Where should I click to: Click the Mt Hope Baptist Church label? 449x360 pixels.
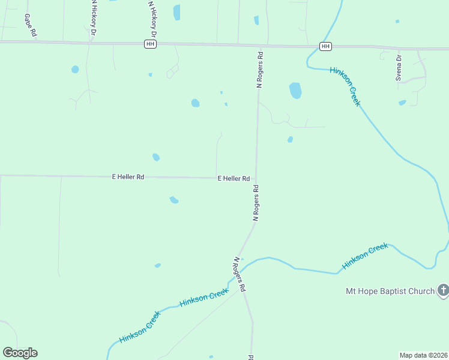pos(390,292)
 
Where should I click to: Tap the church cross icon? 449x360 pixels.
pos(443,291)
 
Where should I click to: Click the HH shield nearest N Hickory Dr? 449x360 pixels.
pos(150,44)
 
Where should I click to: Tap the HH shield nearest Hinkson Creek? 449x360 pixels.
pos(325,46)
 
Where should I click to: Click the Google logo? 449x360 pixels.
pos(20,353)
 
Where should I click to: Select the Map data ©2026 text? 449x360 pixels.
pos(423,355)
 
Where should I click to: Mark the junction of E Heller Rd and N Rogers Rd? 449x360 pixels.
pos(256,179)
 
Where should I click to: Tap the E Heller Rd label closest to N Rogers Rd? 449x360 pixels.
pos(234,179)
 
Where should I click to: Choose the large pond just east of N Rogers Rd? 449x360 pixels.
pos(295,91)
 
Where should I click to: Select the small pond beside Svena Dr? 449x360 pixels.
pos(402,103)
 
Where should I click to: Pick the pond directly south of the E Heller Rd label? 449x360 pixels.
pos(173,200)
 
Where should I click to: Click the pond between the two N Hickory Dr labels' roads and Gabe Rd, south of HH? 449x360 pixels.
pos(75,70)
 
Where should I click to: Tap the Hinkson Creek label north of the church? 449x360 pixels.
pos(366,257)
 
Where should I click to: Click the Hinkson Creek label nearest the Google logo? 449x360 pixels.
pos(140,327)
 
